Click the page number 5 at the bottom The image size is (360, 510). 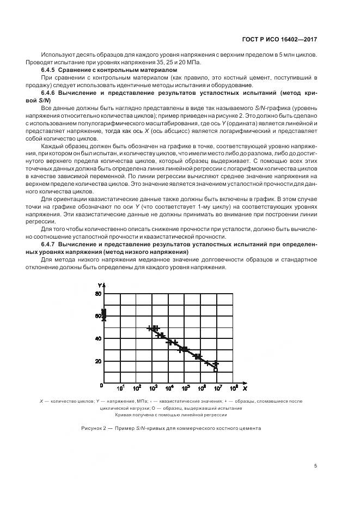316,466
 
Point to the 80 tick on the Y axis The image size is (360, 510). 99,294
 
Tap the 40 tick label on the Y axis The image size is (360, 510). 99,338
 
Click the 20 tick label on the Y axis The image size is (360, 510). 99,361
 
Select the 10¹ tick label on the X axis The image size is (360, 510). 121,388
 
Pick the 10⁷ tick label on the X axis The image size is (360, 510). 217,388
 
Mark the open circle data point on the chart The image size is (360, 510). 216,369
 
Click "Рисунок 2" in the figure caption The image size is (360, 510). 93,428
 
